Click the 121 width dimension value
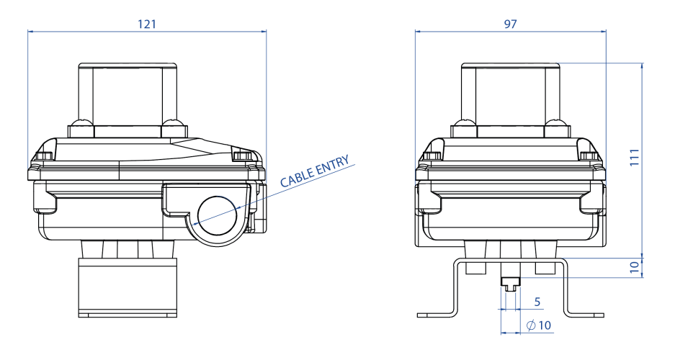pos(147,23)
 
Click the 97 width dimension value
pos(511,23)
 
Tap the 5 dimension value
pos(537,300)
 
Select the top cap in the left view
pos(128,90)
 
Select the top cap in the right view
pos(511,90)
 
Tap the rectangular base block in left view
pos(126,288)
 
